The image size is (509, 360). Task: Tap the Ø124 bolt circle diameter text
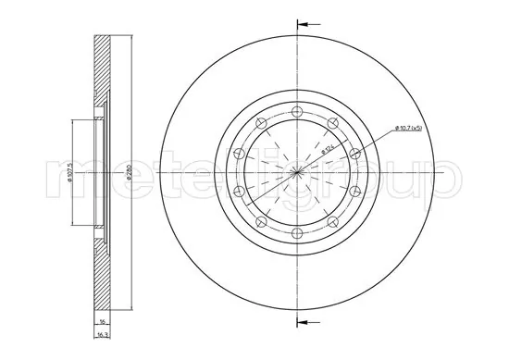[329, 146]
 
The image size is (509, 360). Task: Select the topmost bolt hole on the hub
[297, 113]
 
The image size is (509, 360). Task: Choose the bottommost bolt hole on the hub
[297, 233]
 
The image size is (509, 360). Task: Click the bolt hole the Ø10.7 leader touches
[355, 153]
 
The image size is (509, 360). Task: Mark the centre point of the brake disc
[297, 173]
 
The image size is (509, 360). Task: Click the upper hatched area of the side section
[102, 74]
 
